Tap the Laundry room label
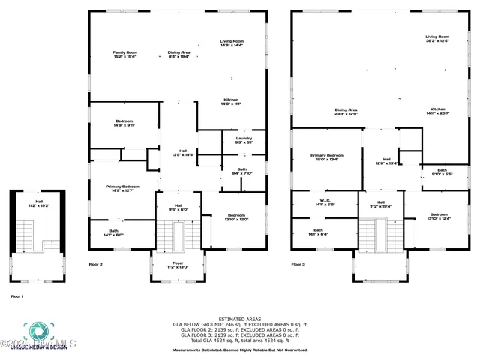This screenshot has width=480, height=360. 244,139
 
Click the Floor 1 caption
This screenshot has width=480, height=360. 17,296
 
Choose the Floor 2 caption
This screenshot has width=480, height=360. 95,264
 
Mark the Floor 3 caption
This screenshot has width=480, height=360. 298,264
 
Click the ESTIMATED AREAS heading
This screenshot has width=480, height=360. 240,319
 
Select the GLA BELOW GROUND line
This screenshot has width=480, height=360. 240,324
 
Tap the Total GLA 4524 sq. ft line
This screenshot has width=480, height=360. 240,341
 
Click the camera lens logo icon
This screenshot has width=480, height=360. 37,331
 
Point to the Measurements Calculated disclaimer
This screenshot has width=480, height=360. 240,349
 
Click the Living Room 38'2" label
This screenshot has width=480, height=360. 437,38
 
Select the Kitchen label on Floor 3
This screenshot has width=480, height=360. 438,111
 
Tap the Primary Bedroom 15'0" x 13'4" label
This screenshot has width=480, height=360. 328,157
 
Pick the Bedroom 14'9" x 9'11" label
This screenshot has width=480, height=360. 124,124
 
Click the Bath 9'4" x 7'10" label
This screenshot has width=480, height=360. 242,172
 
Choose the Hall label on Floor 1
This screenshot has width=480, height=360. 38,203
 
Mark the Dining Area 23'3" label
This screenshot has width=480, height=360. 346,111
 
